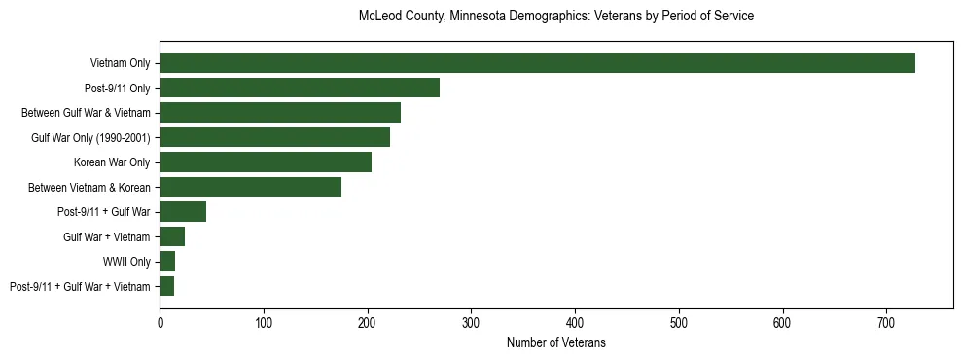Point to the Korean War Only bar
[x=266, y=162]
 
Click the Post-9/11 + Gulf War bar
[x=183, y=212]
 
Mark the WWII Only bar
[x=167, y=261]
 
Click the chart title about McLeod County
[x=556, y=17]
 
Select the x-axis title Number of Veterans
[x=556, y=342]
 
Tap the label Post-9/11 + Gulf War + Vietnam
[x=80, y=286]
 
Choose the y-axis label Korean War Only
[x=112, y=162]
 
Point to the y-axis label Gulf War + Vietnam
[x=107, y=236]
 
